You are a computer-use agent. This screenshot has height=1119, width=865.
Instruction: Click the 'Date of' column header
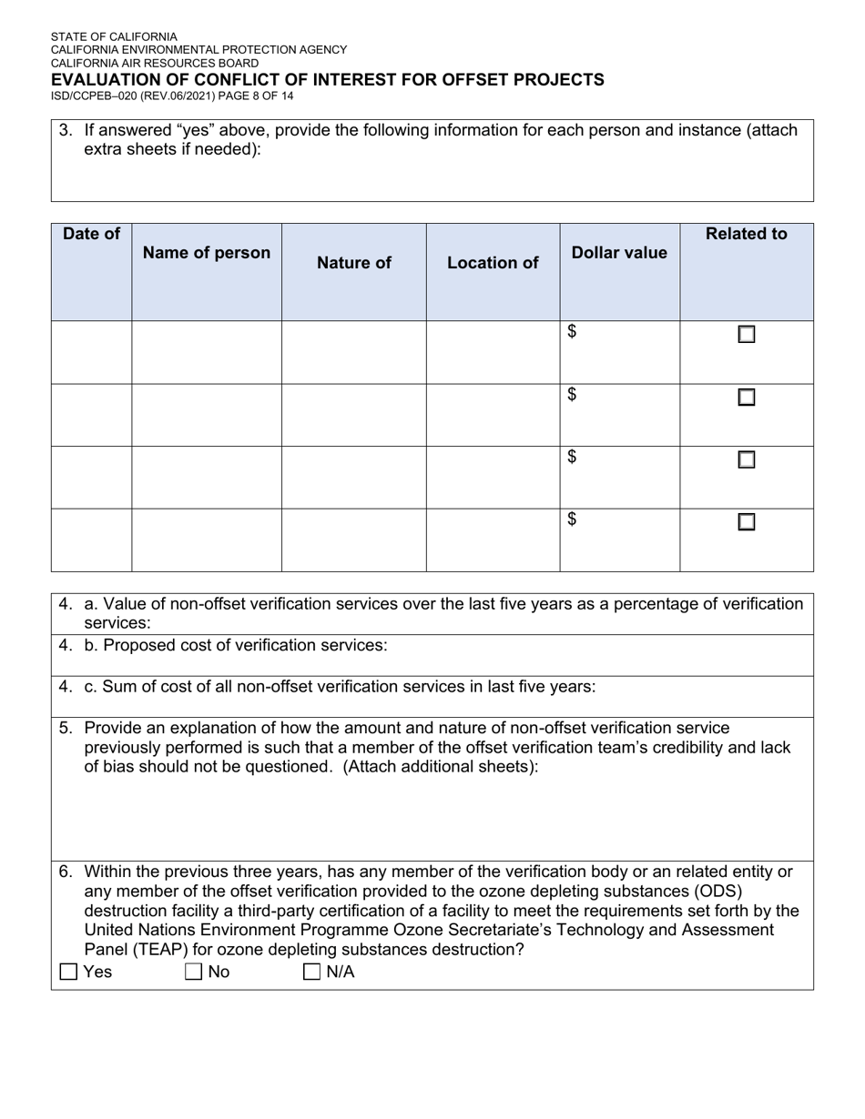(x=91, y=234)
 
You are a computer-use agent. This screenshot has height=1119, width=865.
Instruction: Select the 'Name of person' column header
(x=207, y=253)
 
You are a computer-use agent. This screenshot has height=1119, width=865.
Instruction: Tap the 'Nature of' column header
(x=353, y=263)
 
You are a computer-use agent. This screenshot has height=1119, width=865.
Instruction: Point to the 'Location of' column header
(x=493, y=263)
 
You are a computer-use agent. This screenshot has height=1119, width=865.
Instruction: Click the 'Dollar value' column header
(x=619, y=253)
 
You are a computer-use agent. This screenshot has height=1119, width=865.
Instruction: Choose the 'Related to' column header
(x=746, y=234)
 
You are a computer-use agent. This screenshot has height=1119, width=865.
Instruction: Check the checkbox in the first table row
(x=746, y=335)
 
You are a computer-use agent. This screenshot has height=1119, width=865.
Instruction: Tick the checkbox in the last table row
(x=746, y=522)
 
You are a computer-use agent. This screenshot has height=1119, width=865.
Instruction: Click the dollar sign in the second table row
(x=572, y=394)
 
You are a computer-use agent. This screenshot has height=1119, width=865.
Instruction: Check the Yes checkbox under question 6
(x=68, y=972)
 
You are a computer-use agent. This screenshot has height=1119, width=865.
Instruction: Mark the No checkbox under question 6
(x=193, y=972)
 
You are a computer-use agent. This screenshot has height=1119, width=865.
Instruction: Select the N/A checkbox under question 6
(x=311, y=972)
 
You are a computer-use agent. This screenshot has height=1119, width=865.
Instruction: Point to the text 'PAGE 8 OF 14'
(x=255, y=96)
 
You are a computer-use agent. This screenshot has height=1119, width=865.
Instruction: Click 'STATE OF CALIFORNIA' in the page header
(x=114, y=37)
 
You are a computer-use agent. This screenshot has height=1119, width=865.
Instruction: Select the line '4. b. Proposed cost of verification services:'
(x=223, y=645)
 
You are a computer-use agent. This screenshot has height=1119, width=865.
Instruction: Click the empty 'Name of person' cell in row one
(x=207, y=352)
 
